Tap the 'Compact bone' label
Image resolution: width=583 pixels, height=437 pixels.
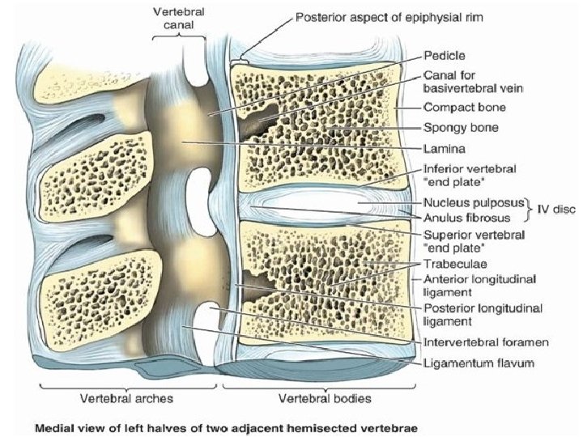point(464,107)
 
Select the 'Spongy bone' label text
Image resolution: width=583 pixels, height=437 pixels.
point(460,128)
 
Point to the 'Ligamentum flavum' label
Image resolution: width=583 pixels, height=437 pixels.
point(479,363)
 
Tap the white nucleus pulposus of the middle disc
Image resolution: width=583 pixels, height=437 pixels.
point(324,202)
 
